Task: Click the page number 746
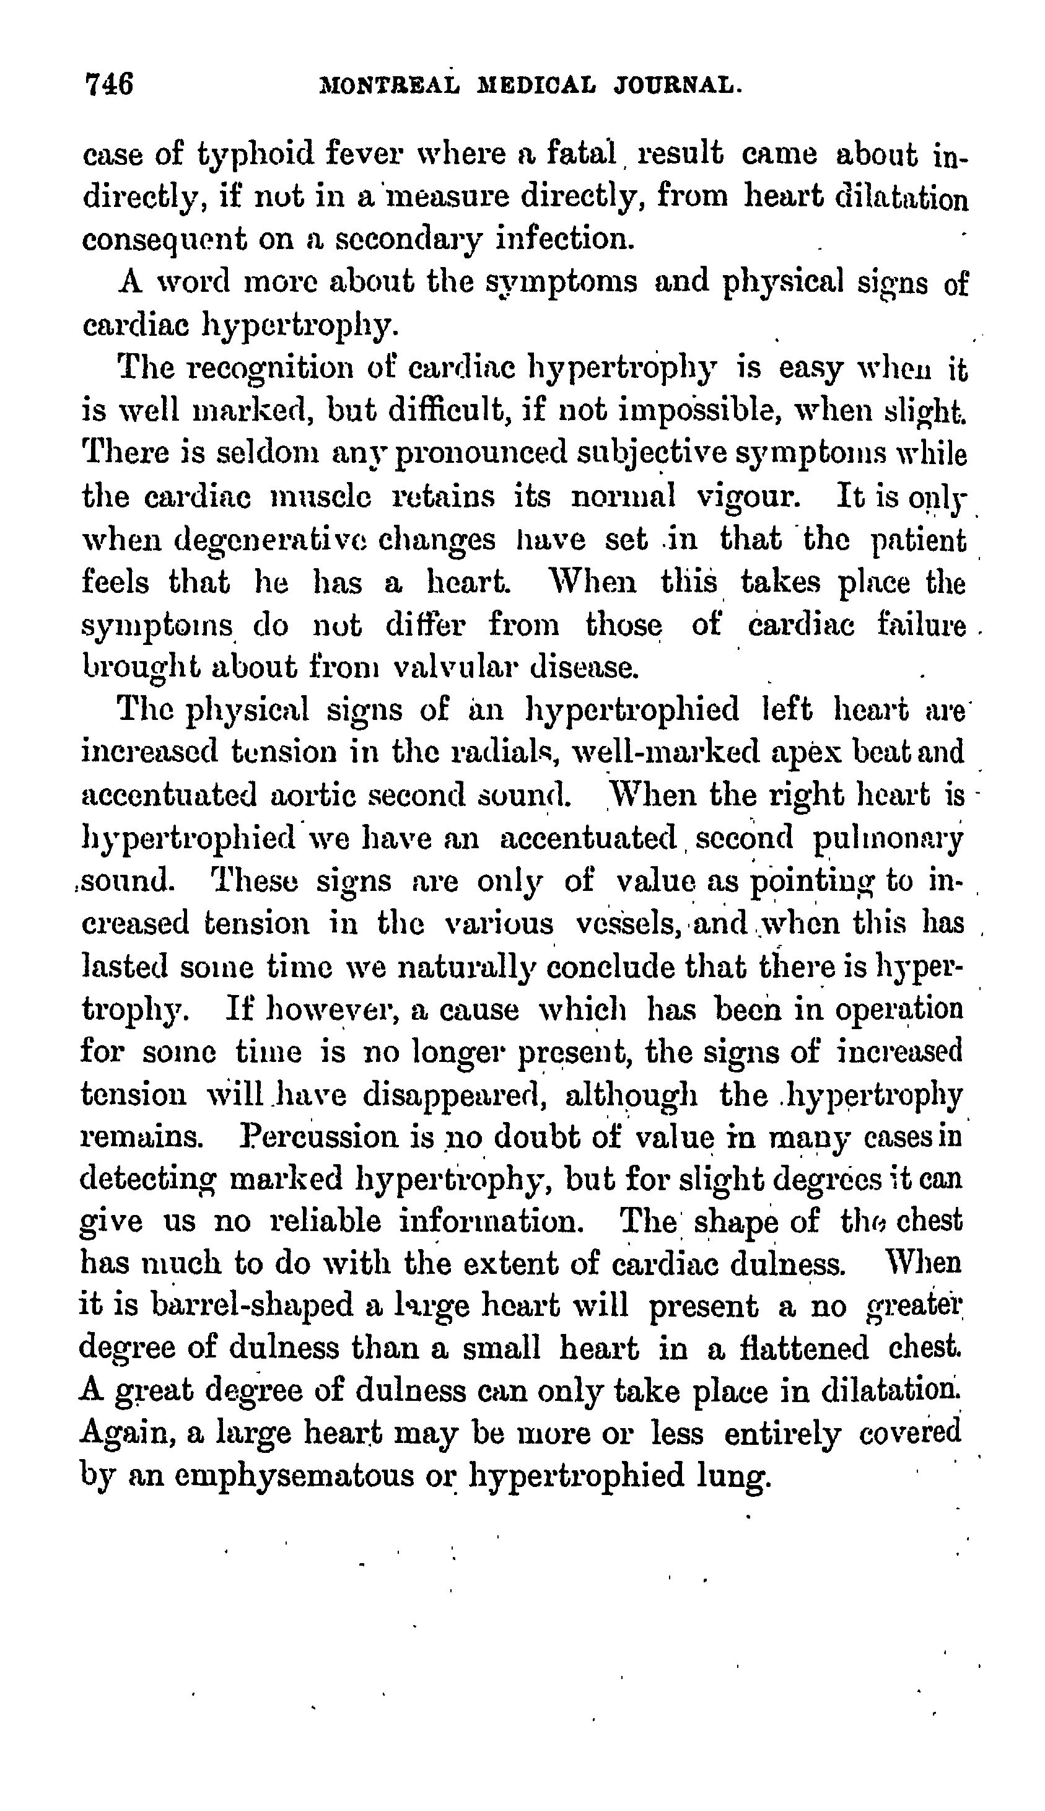pos(109,85)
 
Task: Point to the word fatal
pos(582,154)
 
